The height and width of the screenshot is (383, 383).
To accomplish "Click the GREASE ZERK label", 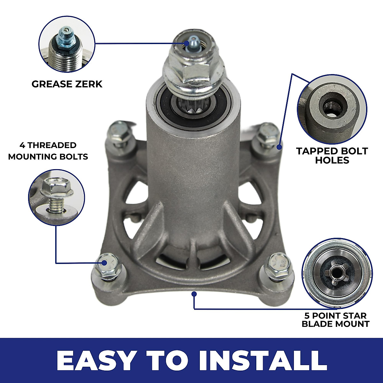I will tap(67, 84).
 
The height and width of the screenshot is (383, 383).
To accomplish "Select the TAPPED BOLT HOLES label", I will tap(332, 155).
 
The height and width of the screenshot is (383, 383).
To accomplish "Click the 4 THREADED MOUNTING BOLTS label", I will tap(48, 151).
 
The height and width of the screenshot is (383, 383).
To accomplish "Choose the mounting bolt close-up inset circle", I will tap(57, 197).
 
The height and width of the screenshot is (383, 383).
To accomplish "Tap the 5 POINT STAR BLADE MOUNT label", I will tap(335, 320).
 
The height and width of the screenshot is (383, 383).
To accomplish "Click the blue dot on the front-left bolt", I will tap(104, 263).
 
